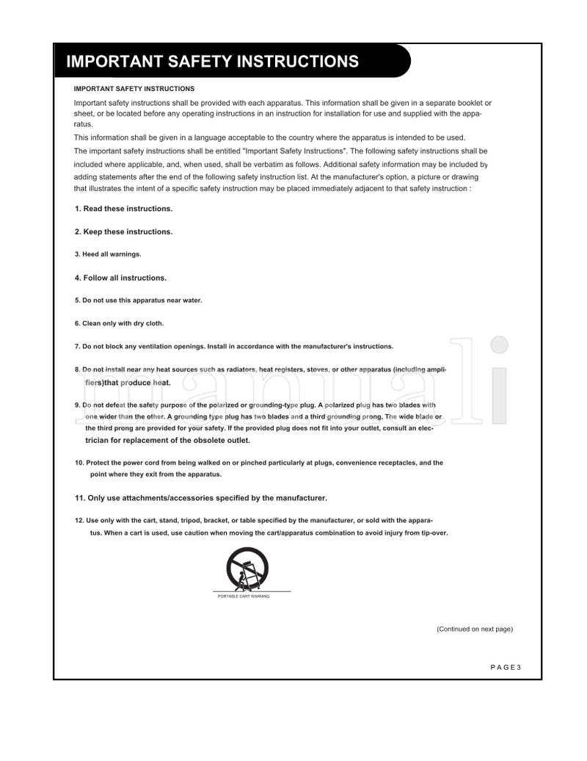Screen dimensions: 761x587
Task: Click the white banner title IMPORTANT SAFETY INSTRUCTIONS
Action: point(212,62)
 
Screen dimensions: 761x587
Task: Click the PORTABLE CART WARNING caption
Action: point(244,596)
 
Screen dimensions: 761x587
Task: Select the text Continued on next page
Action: point(474,630)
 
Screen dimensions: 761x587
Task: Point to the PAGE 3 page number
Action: point(505,667)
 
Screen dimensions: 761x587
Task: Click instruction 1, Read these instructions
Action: point(123,209)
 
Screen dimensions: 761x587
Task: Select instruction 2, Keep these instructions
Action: point(123,231)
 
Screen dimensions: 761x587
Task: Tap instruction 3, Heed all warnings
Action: point(108,254)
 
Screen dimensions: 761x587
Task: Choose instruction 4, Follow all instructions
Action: point(120,278)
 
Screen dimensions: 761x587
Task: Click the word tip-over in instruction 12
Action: point(433,533)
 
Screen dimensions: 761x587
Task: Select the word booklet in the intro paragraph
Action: point(457,103)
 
